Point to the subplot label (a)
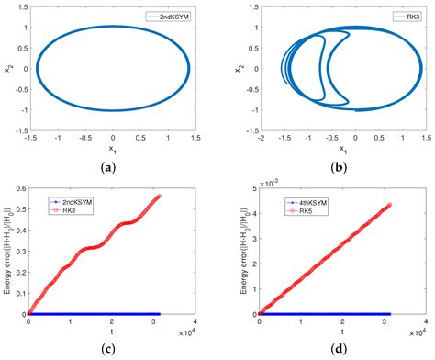(x=113, y=163)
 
